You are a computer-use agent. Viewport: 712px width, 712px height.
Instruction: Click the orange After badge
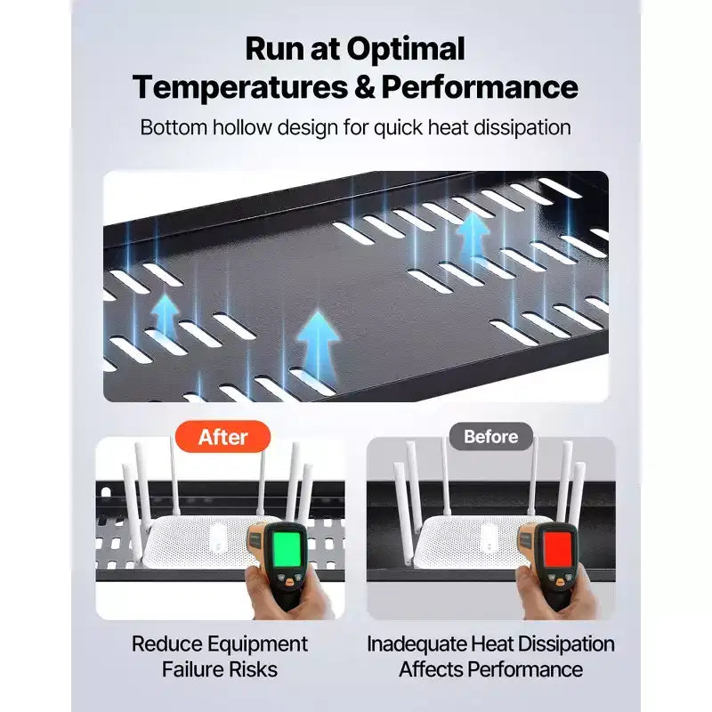(x=222, y=437)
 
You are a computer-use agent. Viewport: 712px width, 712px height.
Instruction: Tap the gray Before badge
(x=491, y=436)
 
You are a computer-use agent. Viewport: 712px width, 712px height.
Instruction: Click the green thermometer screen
(x=287, y=548)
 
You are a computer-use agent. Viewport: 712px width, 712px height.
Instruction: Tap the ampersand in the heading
(x=365, y=87)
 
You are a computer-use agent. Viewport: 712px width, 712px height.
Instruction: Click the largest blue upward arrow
(x=318, y=346)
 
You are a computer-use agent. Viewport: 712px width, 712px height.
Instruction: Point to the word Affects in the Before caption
(x=431, y=669)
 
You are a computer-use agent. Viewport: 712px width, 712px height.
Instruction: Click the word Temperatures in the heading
(x=240, y=88)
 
